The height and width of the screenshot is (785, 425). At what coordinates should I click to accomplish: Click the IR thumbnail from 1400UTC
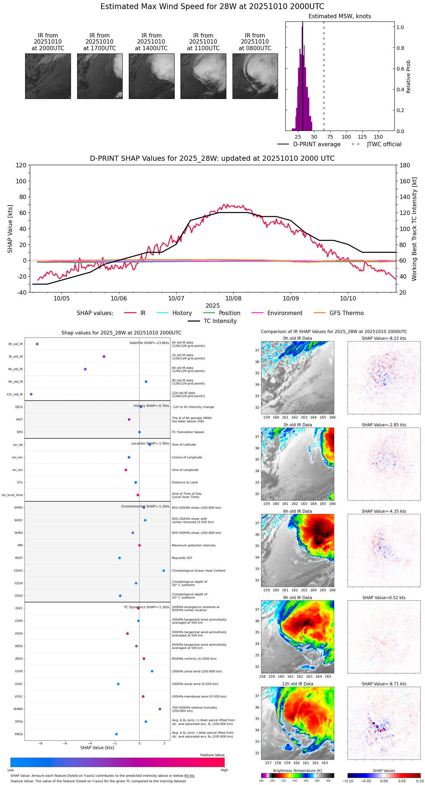(x=151, y=76)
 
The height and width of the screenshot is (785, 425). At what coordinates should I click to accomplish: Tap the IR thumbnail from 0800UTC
(x=255, y=76)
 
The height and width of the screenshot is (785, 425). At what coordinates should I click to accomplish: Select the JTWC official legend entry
(x=384, y=144)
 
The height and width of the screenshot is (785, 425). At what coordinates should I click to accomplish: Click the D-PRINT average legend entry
(x=317, y=144)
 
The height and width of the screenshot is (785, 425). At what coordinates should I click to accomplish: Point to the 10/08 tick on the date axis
(x=233, y=298)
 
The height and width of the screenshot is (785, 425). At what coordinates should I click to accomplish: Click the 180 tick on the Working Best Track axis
(x=405, y=165)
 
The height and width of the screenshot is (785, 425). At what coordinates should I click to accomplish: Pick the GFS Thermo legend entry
(x=346, y=313)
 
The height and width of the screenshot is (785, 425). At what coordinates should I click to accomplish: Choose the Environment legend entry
(x=285, y=313)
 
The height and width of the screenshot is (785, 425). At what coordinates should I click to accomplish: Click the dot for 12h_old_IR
(x=31, y=394)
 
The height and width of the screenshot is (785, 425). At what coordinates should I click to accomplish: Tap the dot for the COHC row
(x=164, y=570)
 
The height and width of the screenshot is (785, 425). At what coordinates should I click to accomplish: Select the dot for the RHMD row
(x=160, y=709)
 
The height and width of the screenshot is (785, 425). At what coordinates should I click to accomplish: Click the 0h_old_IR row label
(x=15, y=344)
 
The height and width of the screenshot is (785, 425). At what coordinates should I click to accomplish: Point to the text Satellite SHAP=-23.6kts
(x=149, y=343)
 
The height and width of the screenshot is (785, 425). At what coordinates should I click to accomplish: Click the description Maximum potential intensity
(x=194, y=545)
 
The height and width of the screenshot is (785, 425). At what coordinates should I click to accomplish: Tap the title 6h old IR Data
(x=297, y=511)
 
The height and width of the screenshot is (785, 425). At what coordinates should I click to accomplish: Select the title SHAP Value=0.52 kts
(x=384, y=598)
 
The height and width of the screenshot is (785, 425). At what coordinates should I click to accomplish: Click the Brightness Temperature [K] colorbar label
(x=297, y=770)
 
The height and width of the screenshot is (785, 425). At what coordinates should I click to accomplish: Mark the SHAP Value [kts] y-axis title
(x=10, y=229)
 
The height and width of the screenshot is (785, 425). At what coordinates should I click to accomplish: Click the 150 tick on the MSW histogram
(x=378, y=137)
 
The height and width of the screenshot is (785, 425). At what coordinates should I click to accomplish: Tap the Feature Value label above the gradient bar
(x=212, y=755)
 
